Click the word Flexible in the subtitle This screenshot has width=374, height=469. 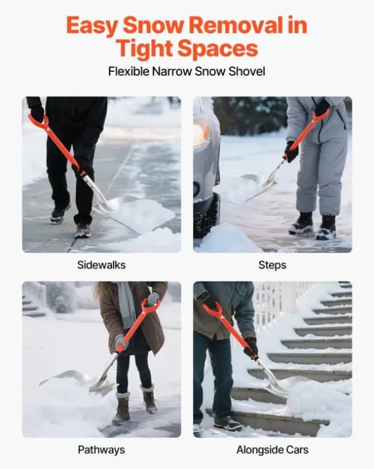(x=128, y=72)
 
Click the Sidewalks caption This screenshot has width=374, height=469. (x=101, y=265)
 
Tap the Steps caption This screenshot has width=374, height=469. (x=272, y=266)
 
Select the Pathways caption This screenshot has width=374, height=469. (x=101, y=450)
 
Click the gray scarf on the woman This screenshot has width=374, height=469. (x=128, y=304)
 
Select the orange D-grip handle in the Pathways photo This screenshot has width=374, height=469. (x=150, y=306)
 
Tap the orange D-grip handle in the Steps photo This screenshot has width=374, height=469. (x=320, y=114)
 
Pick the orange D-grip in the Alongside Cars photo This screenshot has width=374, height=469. (x=213, y=309)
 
